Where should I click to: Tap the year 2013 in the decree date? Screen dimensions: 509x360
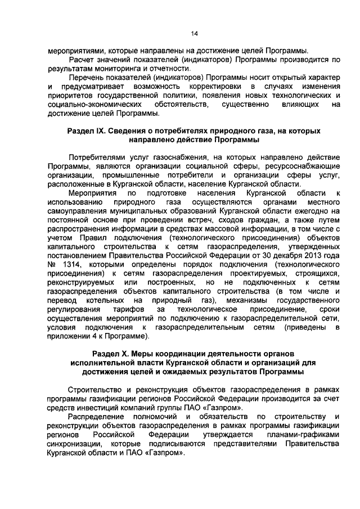point(310,255)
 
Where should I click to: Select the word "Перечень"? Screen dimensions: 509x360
point(87,77)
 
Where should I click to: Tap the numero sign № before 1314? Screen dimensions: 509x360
point(52,264)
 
